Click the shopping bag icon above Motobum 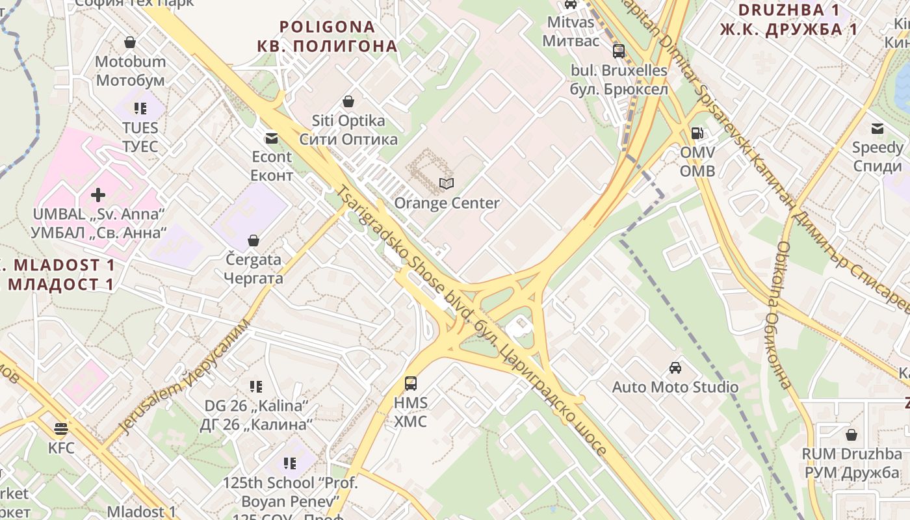coord(130,43)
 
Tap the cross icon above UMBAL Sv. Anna coord(98,194)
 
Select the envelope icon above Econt coord(271,138)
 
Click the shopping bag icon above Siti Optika coord(348,101)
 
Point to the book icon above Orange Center coord(447,184)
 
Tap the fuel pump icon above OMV coord(697,133)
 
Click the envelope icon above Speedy coord(877,128)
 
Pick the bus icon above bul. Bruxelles coord(619,51)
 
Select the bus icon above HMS coord(411,383)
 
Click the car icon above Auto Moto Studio coord(675,367)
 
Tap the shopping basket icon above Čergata coord(253,240)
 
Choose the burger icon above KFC coord(61,428)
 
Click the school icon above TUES coord(140,108)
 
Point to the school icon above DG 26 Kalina coord(256,387)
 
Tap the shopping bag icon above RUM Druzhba coord(851,434)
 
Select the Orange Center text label coord(447,203)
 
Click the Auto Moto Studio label coord(675,387)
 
